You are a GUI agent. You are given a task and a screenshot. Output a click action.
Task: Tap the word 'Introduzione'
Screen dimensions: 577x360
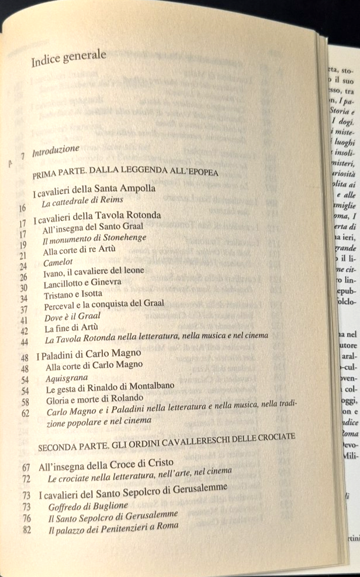pos(56,151)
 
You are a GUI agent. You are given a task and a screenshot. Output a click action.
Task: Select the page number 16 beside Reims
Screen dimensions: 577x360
pos(23,207)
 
